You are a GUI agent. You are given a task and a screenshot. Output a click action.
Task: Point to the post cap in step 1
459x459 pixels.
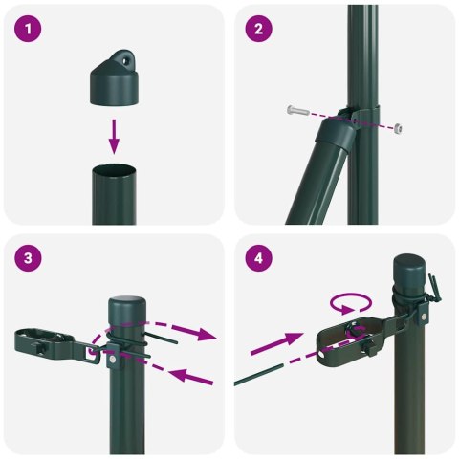[114, 79]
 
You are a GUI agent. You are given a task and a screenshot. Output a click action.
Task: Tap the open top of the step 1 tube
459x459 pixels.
[115, 169]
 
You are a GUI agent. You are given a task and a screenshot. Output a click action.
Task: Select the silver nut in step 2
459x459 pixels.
[395, 125]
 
